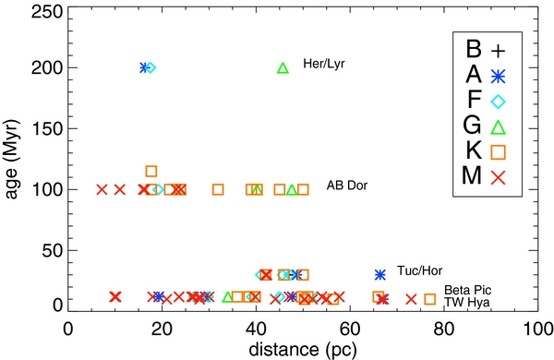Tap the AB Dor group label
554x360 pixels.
[346, 186]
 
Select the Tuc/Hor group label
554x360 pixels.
[415, 271]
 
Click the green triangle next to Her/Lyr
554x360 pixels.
[283, 67]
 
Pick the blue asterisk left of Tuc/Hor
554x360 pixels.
[379, 274]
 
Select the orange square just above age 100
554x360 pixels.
[151, 171]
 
